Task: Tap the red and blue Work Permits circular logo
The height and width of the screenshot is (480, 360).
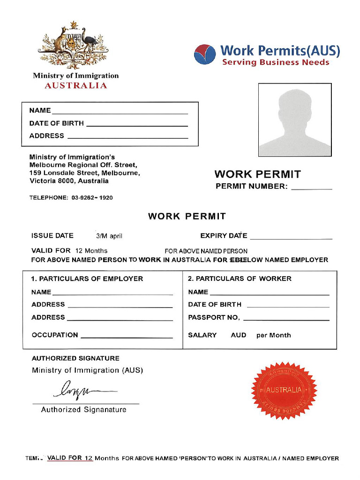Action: click(205, 54)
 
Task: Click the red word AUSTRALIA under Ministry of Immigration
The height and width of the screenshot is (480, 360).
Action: click(75, 85)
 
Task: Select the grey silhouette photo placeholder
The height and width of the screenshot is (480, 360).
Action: click(295, 120)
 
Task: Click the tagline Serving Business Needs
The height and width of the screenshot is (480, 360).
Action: click(276, 62)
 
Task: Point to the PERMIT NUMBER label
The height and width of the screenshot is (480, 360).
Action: click(251, 187)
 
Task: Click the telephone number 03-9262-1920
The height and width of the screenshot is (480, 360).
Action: click(92, 198)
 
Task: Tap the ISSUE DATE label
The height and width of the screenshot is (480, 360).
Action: click(52, 236)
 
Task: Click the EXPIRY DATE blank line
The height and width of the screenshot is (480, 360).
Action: click(291, 237)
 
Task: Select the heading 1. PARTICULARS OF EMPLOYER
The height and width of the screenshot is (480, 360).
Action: click(87, 278)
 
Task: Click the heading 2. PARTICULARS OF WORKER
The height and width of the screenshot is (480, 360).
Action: click(240, 278)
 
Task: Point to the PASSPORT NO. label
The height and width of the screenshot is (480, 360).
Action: click(214, 317)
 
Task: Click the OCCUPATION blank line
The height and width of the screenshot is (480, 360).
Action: click(127, 336)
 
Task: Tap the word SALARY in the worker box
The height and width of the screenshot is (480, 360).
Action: click(202, 335)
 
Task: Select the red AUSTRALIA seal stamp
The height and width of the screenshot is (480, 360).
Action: click(284, 390)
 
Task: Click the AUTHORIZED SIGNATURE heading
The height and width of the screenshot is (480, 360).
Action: click(75, 358)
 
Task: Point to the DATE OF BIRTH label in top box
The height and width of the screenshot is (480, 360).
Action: click(56, 123)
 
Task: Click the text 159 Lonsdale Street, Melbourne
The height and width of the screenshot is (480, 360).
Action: click(84, 173)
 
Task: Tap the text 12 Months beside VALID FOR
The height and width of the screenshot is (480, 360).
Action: click(91, 251)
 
